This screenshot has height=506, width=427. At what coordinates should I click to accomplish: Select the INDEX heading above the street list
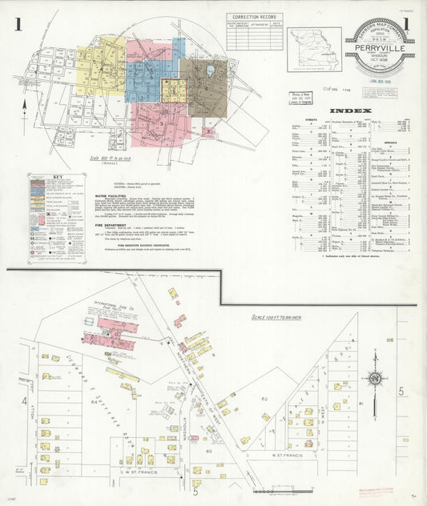tap(350, 110)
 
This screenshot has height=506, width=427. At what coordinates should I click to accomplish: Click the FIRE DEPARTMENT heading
tap(111, 225)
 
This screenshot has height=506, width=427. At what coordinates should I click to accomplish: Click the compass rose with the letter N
tap(373, 379)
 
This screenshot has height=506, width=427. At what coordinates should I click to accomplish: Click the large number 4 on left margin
tap(24, 400)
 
